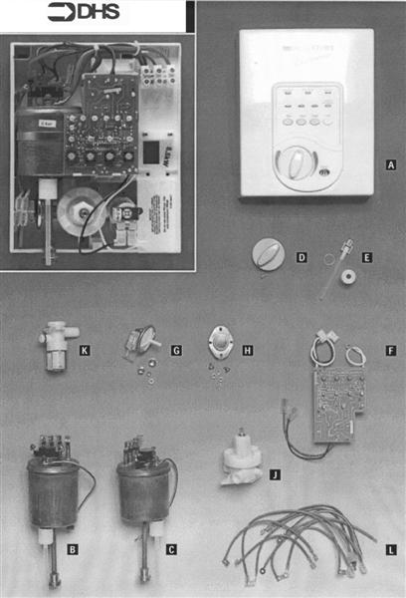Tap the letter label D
pos(303,257)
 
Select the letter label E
pos(367,257)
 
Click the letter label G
pos(175,351)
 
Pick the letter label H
pos(248,351)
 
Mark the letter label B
pos(72,548)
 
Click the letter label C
pos(171,548)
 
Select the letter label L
pos(390,548)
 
